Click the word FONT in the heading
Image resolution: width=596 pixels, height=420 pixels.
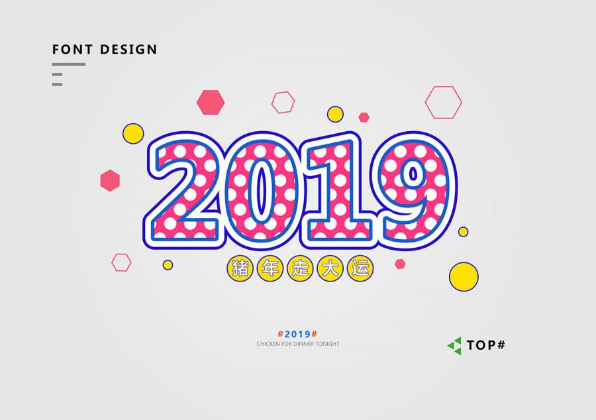coord(72,50)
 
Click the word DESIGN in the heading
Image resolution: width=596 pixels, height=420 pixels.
coord(128,50)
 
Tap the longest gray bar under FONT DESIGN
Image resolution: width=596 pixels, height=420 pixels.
coord(69,64)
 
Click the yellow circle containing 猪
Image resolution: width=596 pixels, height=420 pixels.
coord(240,268)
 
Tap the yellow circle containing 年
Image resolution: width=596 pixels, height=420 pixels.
coord(270,268)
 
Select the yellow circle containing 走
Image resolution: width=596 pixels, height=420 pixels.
coord(300,268)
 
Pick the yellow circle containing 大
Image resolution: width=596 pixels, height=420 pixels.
coord(330,268)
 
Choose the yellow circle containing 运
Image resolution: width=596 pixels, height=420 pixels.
coord(360,268)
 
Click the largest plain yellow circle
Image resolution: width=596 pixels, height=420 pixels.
coord(464,277)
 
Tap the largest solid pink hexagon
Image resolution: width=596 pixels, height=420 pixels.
coord(211,102)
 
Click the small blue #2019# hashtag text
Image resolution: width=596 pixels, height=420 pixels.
coord(297,334)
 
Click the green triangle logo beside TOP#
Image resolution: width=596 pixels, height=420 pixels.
coord(455,346)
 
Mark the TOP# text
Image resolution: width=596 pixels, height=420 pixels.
coord(486,345)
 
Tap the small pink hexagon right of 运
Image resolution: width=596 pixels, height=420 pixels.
coord(400,264)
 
